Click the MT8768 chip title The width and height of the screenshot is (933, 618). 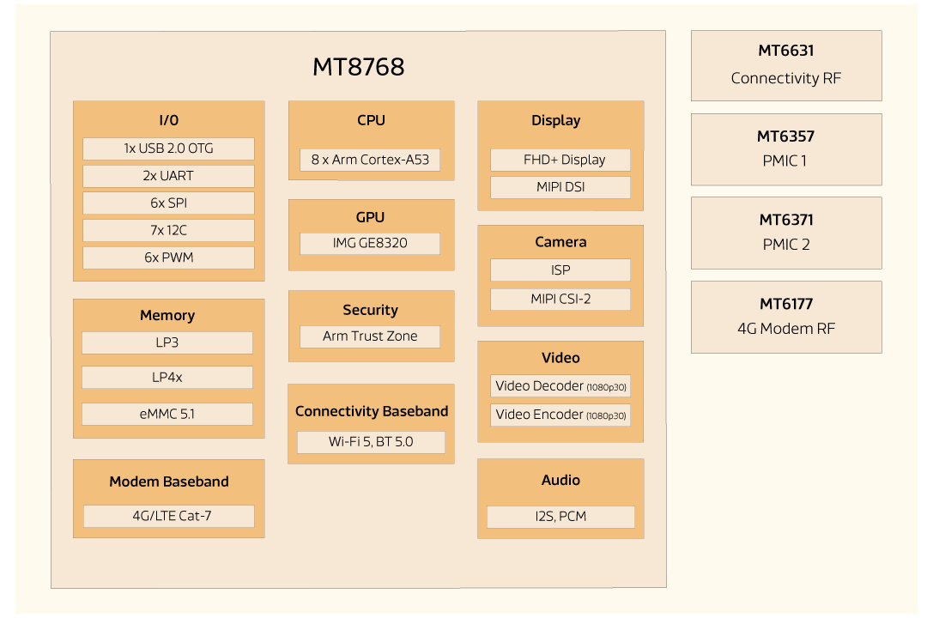[x=358, y=67]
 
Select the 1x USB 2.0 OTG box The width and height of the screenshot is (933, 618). [x=168, y=148]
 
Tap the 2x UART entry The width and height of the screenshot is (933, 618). [x=168, y=176]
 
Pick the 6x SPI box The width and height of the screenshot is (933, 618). [x=168, y=203]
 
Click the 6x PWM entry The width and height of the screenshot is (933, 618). [x=168, y=257]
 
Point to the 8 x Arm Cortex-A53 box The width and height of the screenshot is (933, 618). [x=370, y=159]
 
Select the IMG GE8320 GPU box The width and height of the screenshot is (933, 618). [x=370, y=243]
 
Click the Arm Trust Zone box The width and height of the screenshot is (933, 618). [x=370, y=336]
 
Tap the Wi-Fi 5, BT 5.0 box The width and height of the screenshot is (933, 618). [x=371, y=442]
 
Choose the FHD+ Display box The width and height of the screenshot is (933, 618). [x=560, y=160]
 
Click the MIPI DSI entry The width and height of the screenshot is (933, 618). [x=560, y=186]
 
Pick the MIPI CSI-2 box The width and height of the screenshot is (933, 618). [x=560, y=299]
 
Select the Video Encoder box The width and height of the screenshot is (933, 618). [x=560, y=415]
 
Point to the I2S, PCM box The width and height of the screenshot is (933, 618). [x=560, y=517]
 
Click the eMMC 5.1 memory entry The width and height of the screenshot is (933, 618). [x=167, y=414]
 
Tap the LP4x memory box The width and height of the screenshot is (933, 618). [x=167, y=377]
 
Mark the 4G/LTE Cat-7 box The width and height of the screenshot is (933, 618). [x=168, y=516]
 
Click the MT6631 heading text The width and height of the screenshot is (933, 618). [x=785, y=51]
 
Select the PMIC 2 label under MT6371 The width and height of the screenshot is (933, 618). [x=785, y=245]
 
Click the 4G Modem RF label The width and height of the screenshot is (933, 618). [x=785, y=329]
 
